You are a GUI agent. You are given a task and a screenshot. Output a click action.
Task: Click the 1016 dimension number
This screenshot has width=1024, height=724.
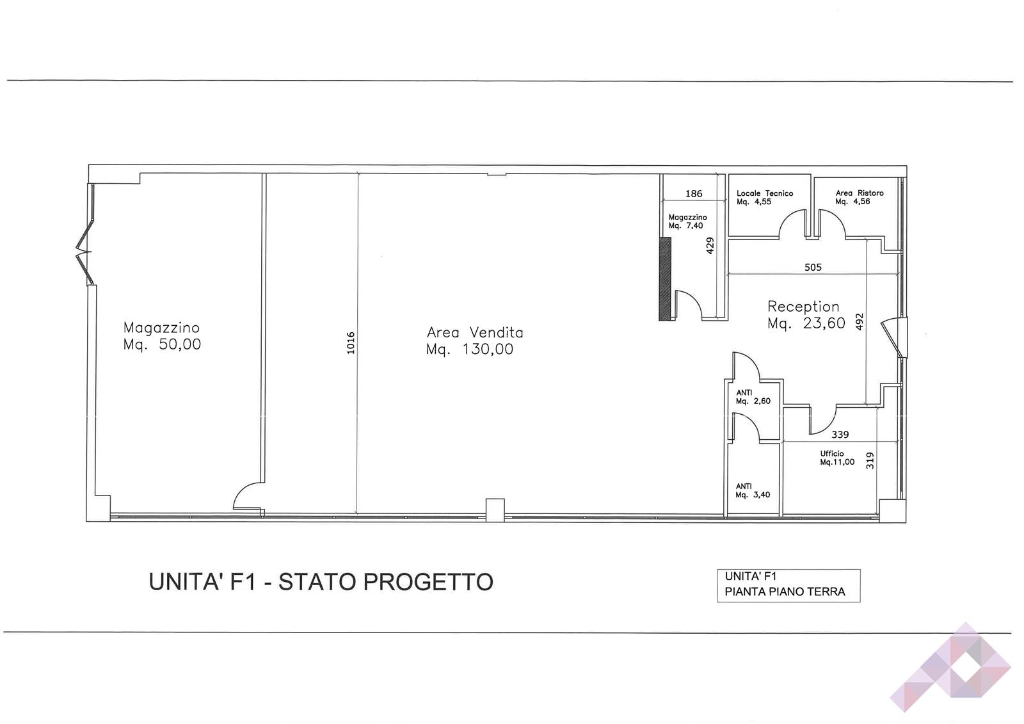pos(351,343)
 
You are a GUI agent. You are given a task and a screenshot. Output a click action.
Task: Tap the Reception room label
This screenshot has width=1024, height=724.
pos(803,306)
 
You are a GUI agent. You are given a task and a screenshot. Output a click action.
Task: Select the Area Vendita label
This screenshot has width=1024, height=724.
pos(475,332)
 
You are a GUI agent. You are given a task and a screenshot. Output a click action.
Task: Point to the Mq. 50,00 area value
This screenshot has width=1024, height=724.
pos(163,344)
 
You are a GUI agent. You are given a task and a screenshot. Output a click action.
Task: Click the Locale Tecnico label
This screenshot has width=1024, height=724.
pos(765,193)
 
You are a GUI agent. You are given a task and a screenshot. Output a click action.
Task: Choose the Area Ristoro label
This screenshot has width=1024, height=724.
pos(860,193)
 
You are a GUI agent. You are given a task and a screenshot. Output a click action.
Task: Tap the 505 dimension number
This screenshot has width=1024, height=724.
pos(813,267)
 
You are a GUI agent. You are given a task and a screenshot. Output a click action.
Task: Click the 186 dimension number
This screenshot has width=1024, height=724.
pos(694,194)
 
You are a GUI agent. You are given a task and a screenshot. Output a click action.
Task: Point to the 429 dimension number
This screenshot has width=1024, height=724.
pos(710,246)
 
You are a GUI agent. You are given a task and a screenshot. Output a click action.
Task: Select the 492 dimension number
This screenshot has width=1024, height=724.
pos(860,321)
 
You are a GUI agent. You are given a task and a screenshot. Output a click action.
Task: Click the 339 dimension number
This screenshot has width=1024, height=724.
pos(840,435)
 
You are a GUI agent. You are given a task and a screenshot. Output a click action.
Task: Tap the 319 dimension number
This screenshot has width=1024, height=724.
pos(870,460)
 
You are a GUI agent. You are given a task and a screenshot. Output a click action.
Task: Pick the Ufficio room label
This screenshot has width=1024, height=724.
pos(832,454)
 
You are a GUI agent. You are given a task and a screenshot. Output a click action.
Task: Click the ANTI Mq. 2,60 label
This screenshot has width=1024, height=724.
pos(753,397)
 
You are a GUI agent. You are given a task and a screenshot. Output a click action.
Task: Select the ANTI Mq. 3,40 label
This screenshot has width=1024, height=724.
pos(753,491)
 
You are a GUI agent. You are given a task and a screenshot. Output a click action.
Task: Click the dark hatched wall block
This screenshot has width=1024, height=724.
pos(665,278)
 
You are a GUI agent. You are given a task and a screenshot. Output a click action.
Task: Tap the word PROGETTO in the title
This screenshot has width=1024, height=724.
pos(428,582)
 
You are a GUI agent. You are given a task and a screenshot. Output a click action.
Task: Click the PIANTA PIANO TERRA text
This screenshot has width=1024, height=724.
pos(785,592)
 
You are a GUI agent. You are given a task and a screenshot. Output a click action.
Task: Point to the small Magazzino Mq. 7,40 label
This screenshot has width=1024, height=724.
pos(687,221)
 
